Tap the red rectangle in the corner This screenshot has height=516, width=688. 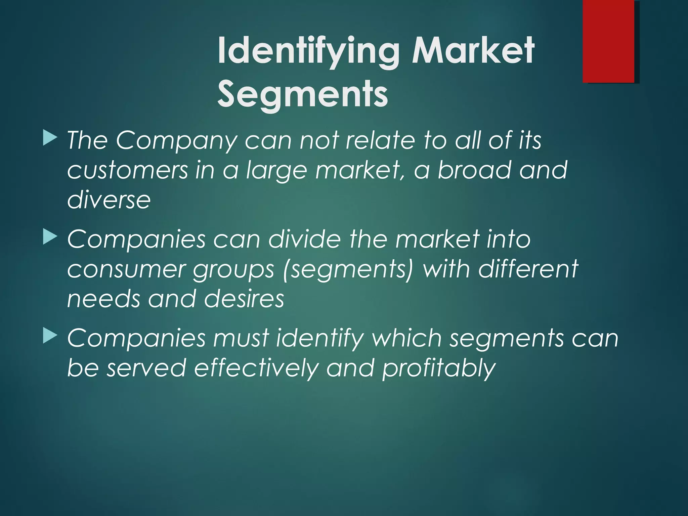point(608,41)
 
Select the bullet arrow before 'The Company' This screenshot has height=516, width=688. point(50,138)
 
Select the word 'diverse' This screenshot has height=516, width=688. point(109,200)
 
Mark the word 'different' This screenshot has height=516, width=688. point(528,269)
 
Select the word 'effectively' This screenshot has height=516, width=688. point(256,368)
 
